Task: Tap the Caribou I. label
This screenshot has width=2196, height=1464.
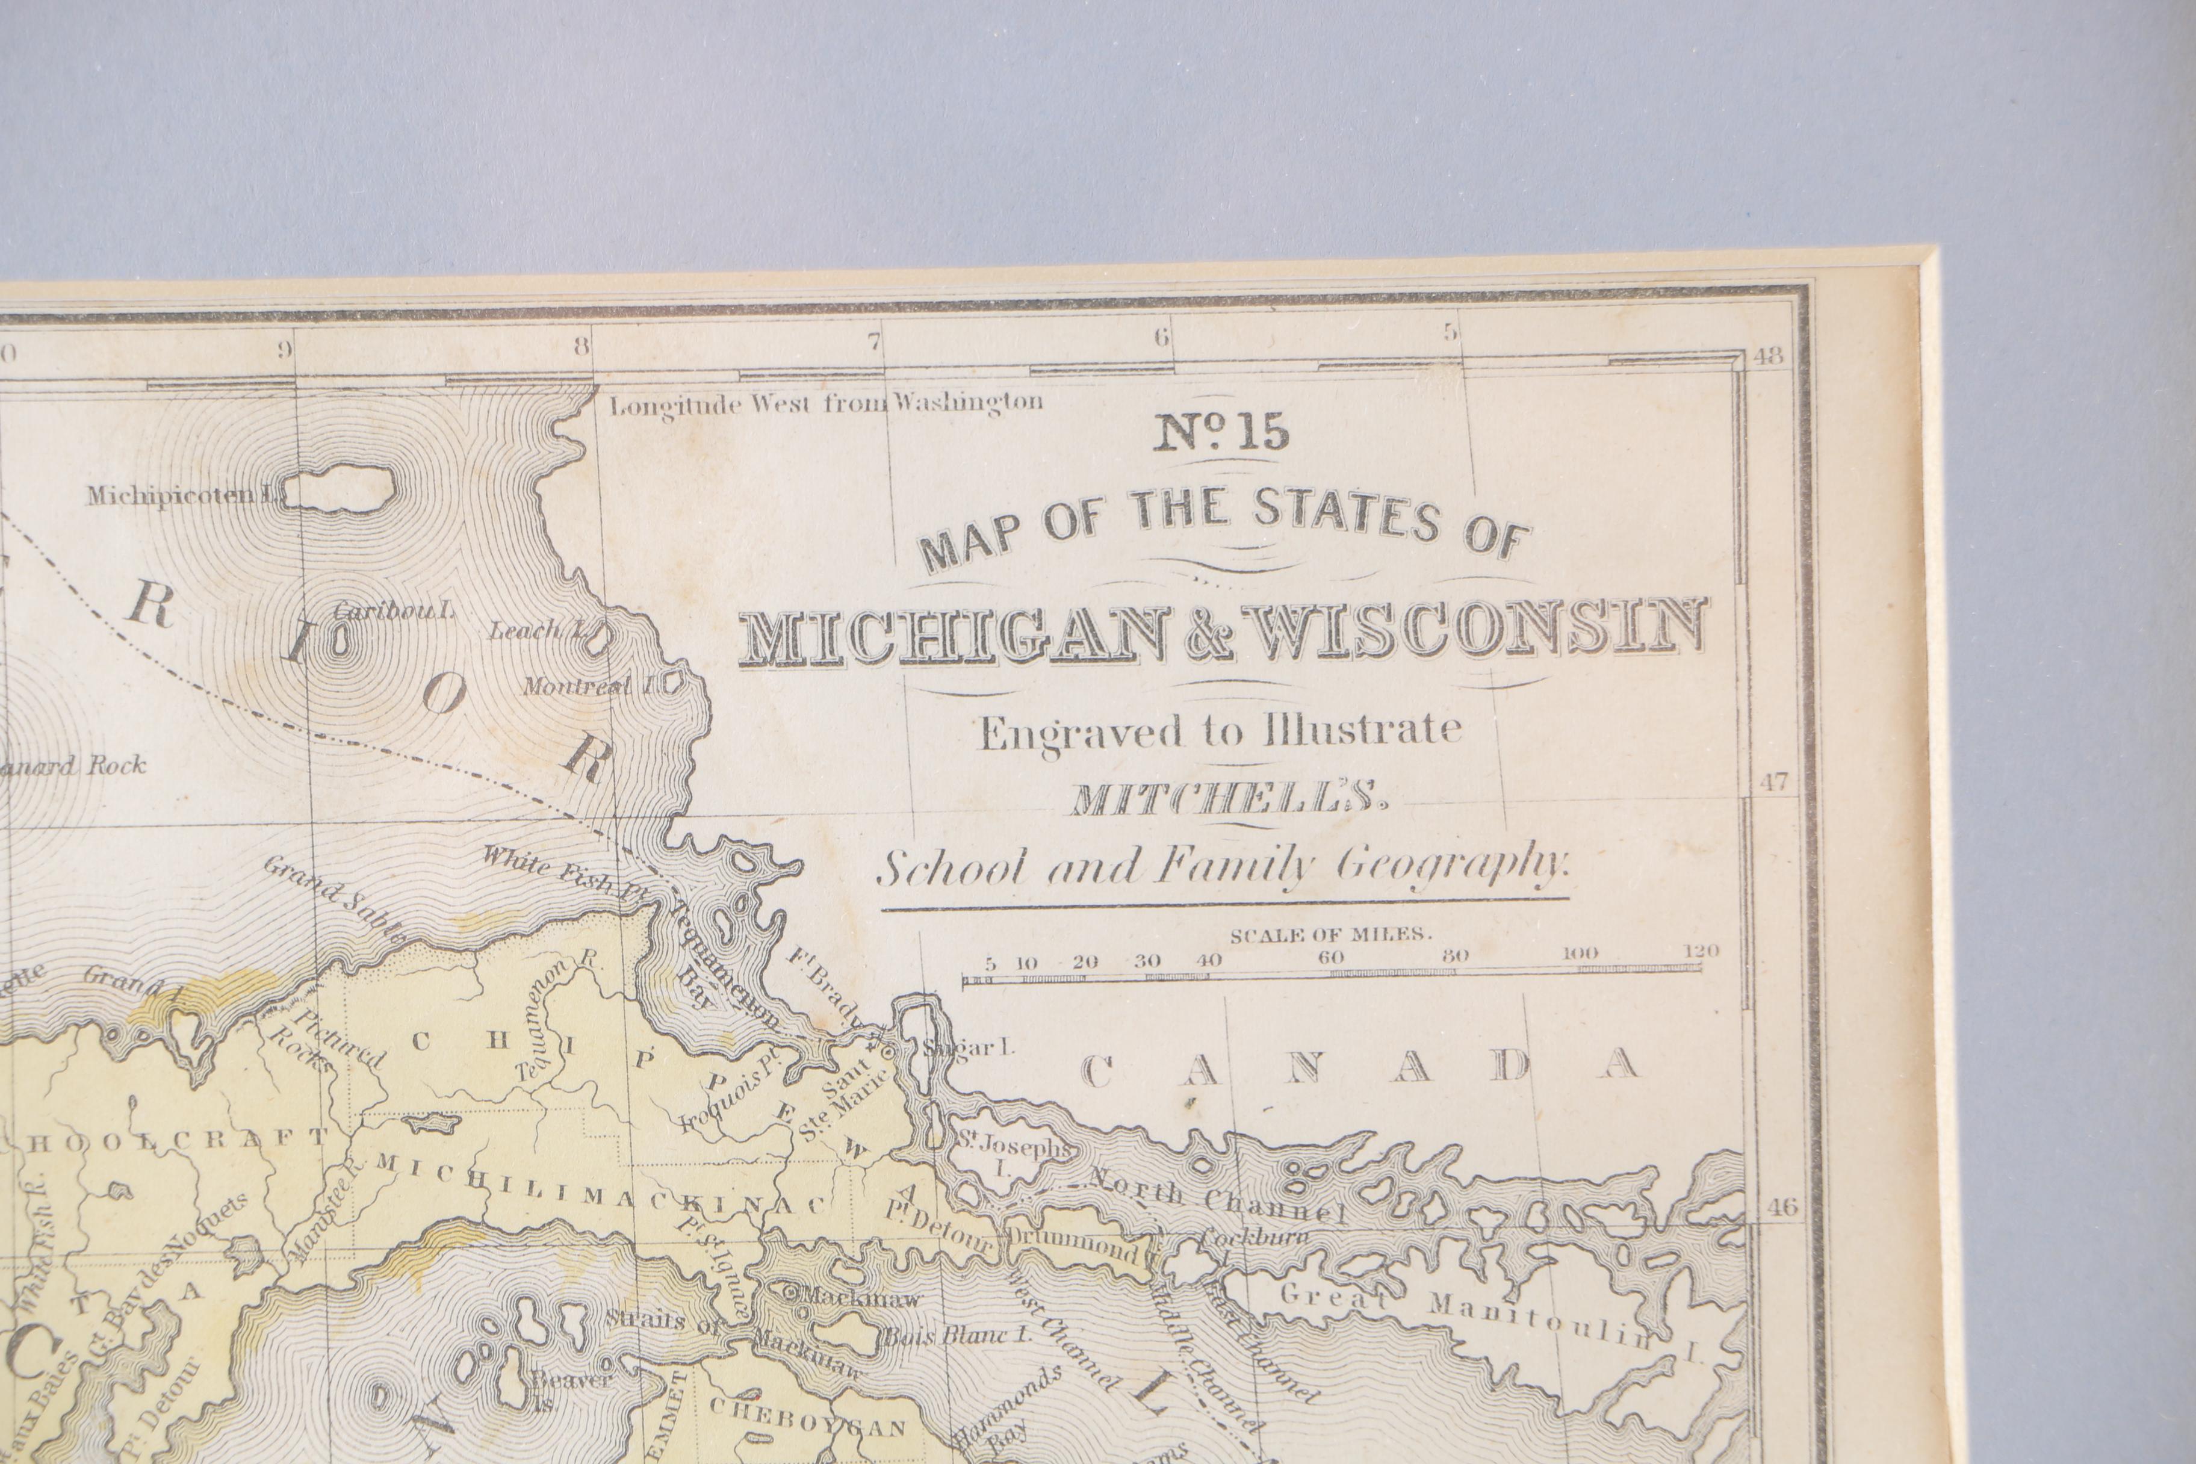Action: (392, 612)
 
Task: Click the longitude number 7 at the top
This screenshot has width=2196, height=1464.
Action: (874, 342)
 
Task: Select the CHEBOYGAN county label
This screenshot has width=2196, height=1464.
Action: (808, 1427)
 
